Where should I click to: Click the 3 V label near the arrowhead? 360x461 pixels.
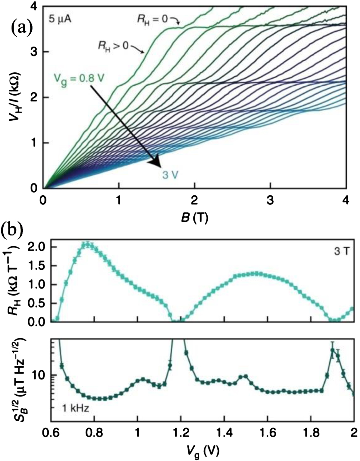tap(170, 175)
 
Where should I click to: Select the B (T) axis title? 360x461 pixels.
tap(194, 217)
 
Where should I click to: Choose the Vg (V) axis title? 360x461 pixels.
tap(202, 450)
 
